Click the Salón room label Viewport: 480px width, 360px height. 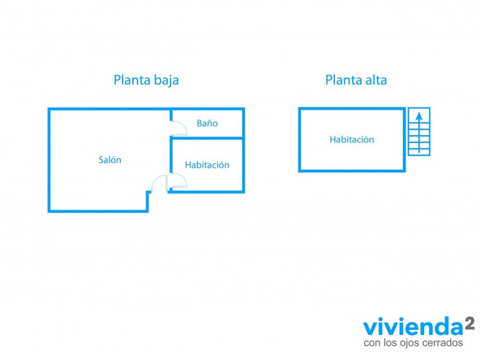tap(110, 161)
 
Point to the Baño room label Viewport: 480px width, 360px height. tap(207, 123)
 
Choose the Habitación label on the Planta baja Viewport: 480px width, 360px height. tap(207, 165)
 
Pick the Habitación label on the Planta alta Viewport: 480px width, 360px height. tap(351, 140)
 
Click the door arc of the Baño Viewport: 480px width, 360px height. tap(179, 127)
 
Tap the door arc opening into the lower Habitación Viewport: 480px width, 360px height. tap(178, 181)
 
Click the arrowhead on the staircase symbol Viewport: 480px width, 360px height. tap(419, 115)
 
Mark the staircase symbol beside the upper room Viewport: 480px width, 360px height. tap(419, 131)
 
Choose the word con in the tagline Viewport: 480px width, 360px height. tap(371, 343)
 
